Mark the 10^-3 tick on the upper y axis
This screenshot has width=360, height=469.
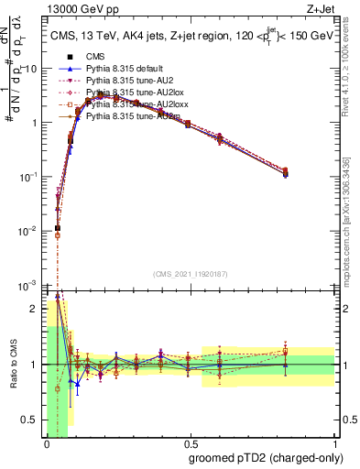(28, 286)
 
